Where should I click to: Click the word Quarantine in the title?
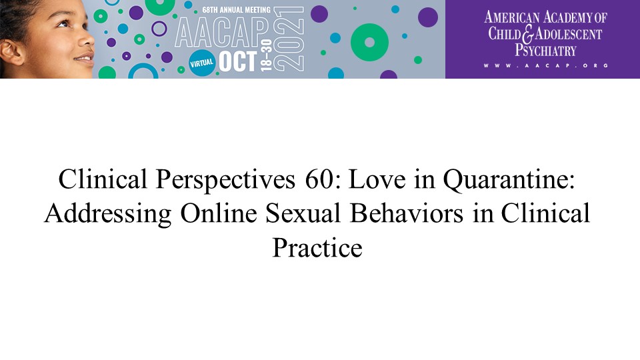[x=509, y=179]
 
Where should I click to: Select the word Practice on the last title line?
[x=317, y=247]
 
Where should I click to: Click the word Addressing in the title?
[x=108, y=214]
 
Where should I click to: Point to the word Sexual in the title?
[x=303, y=213]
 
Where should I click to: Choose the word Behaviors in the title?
[x=407, y=213]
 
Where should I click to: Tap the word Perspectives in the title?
[x=225, y=180]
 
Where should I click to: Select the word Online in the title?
[x=219, y=213]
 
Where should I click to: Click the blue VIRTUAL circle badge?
[x=201, y=63]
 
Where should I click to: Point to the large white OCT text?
[x=238, y=62]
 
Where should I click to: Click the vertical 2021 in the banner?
[x=289, y=39]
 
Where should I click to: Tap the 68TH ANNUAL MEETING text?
[x=236, y=10]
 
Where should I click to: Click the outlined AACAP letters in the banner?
[x=222, y=33]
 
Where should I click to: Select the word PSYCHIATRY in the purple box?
[x=545, y=50]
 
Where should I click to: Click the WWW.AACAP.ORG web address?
[x=546, y=65]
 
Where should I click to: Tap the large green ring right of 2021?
[x=369, y=43]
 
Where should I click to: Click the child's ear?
[x=11, y=52]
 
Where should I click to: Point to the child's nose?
[x=86, y=40]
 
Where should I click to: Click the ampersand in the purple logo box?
[x=527, y=34]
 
